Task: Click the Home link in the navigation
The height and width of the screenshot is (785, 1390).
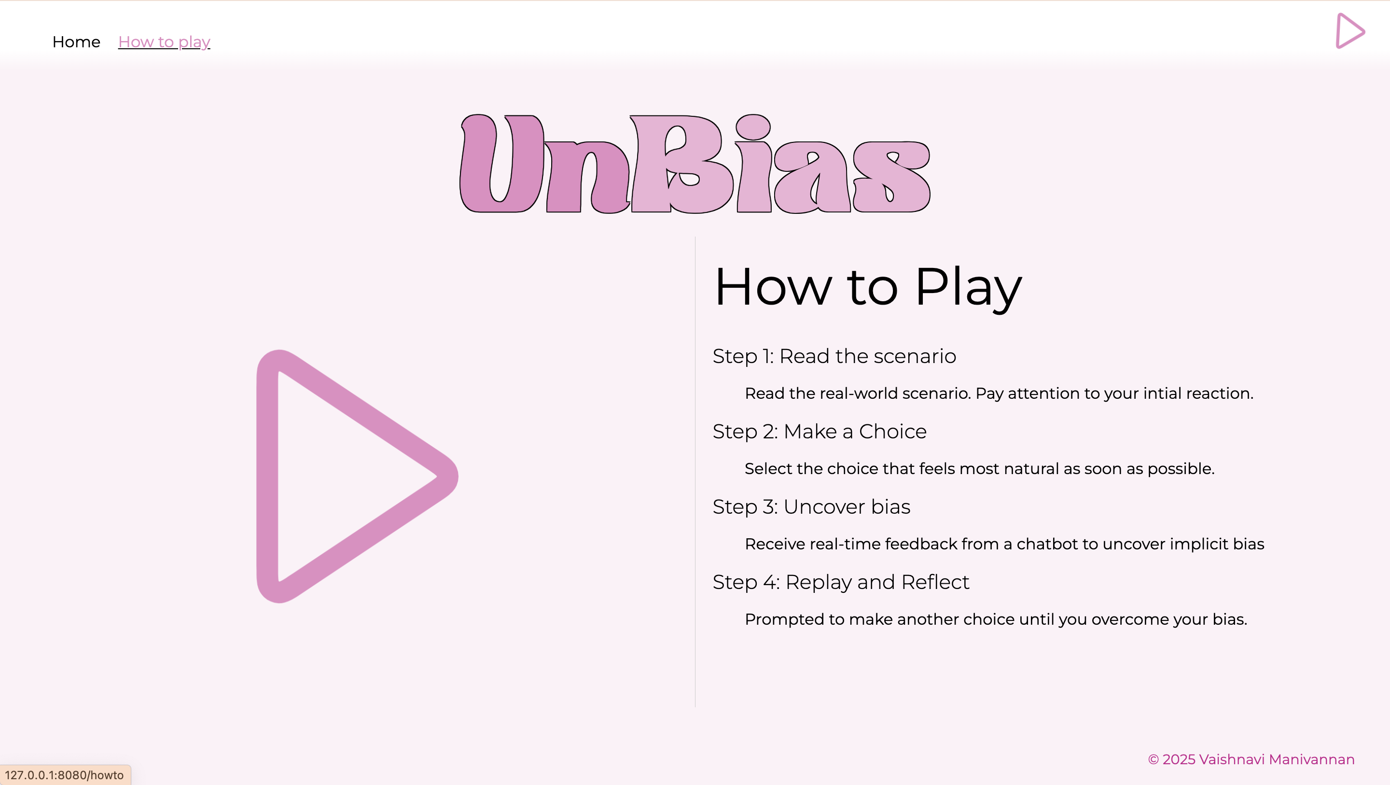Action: [76, 42]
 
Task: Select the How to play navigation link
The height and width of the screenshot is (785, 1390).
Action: [164, 42]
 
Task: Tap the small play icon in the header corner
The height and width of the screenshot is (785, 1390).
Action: [1349, 31]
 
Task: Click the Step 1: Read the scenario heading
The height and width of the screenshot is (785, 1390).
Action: [834, 356]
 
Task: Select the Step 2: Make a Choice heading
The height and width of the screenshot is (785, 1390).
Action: [820, 432]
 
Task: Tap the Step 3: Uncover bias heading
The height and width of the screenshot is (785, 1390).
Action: [811, 507]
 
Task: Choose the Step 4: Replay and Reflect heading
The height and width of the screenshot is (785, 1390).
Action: [841, 582]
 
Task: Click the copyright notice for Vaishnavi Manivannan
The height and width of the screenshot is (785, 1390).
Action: [1251, 759]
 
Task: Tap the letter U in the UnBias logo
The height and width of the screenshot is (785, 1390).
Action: [501, 164]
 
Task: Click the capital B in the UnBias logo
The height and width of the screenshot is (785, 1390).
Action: [682, 164]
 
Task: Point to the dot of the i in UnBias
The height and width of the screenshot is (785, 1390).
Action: [753, 127]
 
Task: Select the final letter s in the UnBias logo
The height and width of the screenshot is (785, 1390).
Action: [891, 177]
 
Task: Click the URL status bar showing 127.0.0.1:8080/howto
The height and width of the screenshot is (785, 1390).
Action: [65, 775]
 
